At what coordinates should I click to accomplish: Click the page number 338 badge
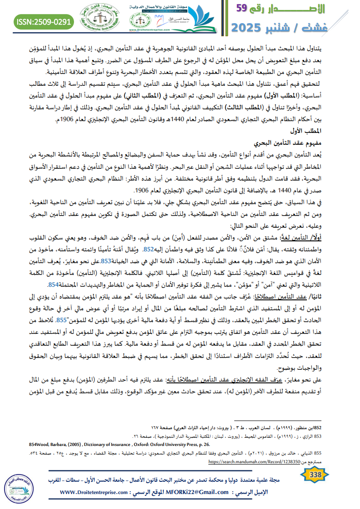(315, 475)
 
